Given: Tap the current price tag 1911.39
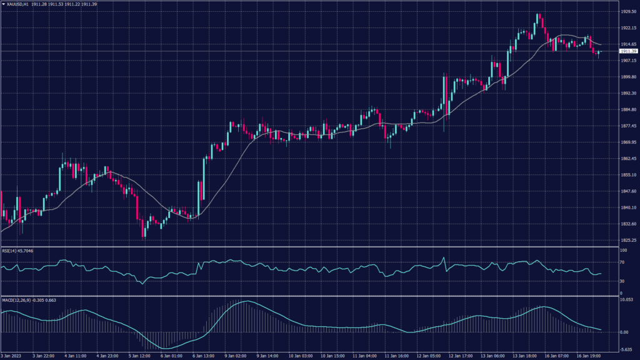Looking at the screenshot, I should click(x=627, y=51).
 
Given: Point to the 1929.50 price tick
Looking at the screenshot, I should click(x=627, y=12).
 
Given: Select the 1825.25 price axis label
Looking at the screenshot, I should click(x=627, y=240).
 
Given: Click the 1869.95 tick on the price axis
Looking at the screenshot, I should click(x=627, y=142).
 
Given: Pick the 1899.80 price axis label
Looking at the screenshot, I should click(x=627, y=77).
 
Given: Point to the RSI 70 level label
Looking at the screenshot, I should click(x=622, y=263).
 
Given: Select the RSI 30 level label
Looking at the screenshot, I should click(x=622, y=281).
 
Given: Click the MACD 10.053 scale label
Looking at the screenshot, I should click(x=627, y=300).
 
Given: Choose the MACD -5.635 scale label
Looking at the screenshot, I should click(x=627, y=349).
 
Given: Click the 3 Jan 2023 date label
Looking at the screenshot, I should click(x=12, y=356).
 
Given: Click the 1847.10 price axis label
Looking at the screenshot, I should click(x=627, y=207).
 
